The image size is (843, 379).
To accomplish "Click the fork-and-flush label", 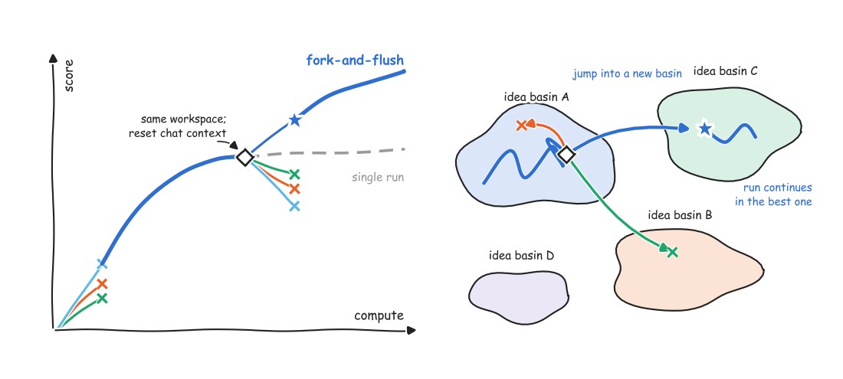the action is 355,60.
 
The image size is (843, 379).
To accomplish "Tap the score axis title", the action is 68,77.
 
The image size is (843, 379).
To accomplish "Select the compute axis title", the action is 379,315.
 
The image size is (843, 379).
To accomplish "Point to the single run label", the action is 378,177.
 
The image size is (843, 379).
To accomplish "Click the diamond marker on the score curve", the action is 245,157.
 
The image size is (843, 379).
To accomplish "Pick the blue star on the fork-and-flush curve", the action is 294,119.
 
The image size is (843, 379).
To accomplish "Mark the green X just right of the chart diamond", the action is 294,174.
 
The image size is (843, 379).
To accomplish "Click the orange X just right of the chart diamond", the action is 294,189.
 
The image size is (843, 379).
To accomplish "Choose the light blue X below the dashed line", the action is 294,206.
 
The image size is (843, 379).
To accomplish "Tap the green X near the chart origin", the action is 102,298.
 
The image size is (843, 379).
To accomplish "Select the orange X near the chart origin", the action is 102,283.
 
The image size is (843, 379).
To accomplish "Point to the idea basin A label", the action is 536,97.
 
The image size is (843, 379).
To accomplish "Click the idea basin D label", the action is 521,255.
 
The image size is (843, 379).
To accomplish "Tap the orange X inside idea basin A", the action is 521,126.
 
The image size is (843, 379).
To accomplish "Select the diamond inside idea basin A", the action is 566,155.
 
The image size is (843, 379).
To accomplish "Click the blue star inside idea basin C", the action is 704,129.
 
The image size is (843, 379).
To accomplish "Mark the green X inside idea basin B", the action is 672,252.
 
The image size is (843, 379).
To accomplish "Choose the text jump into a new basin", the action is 627,74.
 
